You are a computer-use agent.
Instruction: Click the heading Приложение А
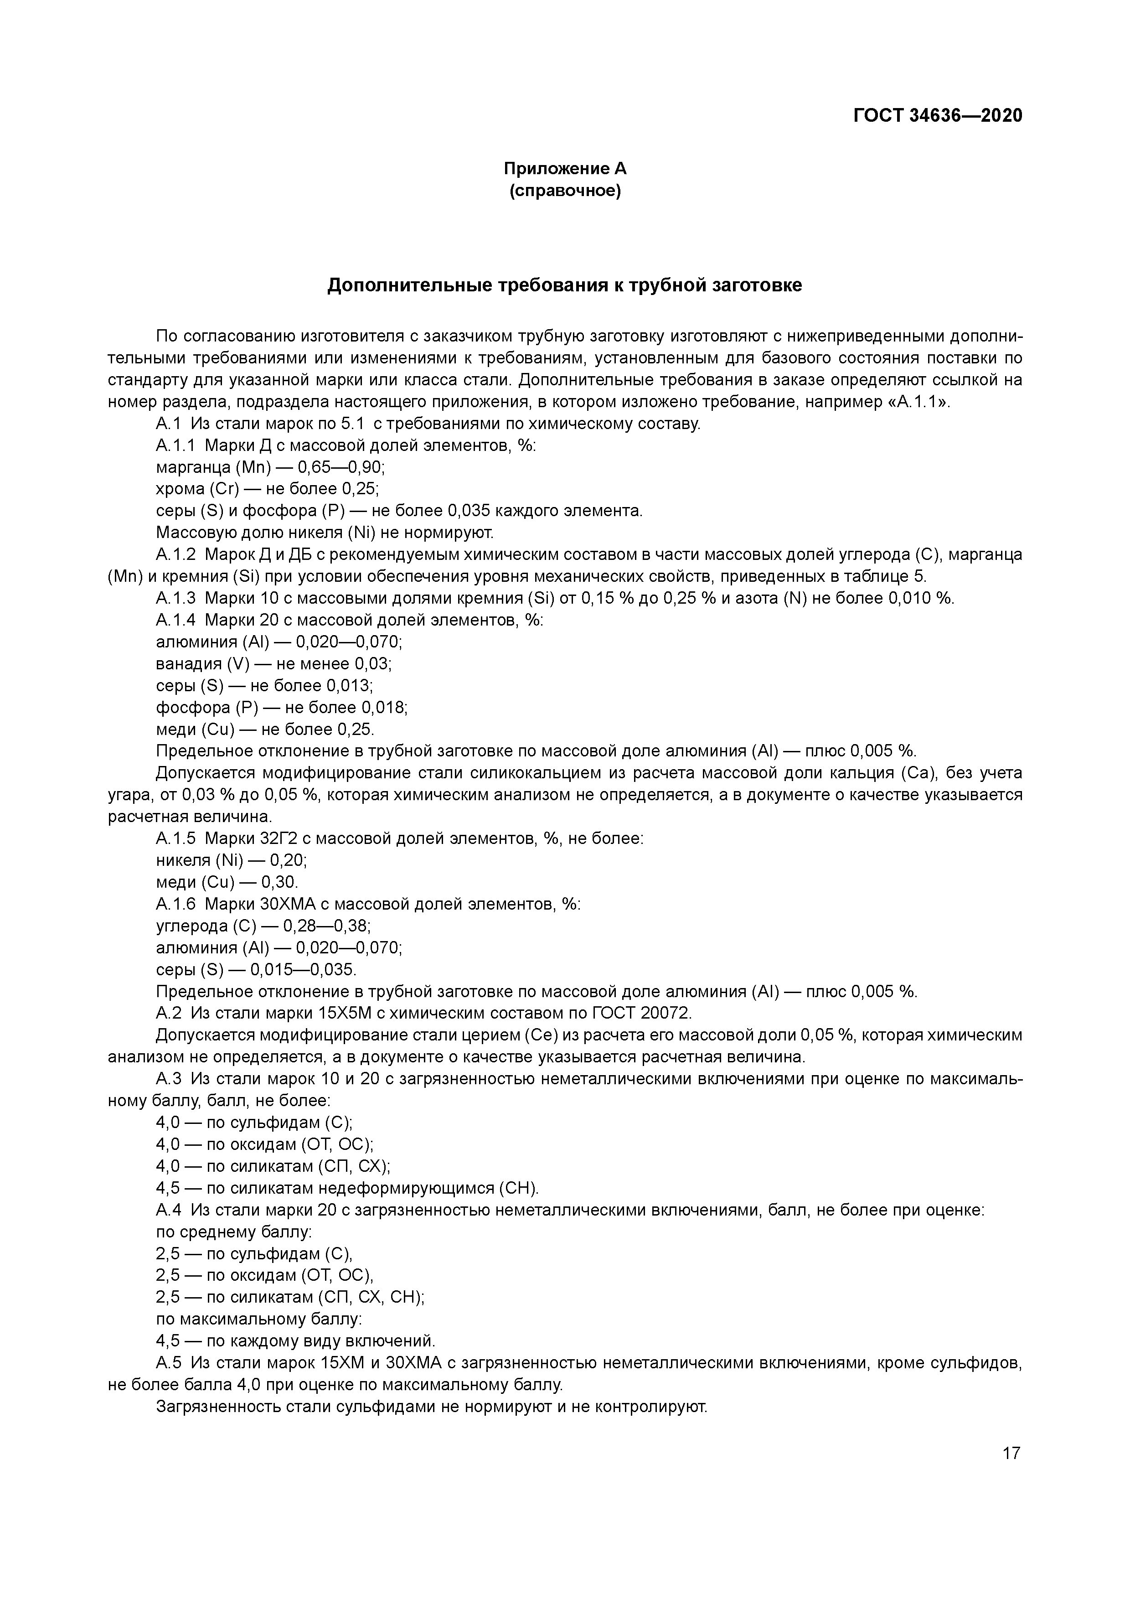point(565,169)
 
